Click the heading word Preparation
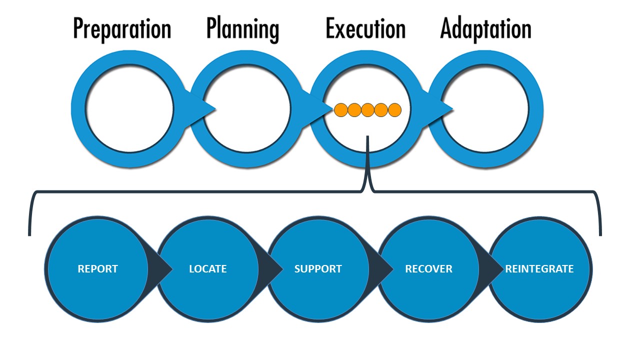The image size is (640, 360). (122, 29)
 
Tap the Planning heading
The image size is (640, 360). (242, 29)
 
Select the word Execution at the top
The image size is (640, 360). (365, 29)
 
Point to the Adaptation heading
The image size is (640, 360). (485, 29)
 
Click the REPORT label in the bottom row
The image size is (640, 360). (97, 269)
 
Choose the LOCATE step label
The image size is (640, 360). (207, 269)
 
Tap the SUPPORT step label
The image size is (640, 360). (318, 269)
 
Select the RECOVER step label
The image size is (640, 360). (428, 269)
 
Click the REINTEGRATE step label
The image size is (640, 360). (539, 269)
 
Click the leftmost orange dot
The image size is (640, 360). (341, 109)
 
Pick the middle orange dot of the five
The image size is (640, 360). (367, 109)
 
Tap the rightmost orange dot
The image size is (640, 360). (394, 109)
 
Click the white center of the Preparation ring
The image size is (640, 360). (129, 108)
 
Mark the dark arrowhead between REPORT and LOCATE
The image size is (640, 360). (162, 269)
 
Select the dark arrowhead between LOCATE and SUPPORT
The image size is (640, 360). (273, 269)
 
